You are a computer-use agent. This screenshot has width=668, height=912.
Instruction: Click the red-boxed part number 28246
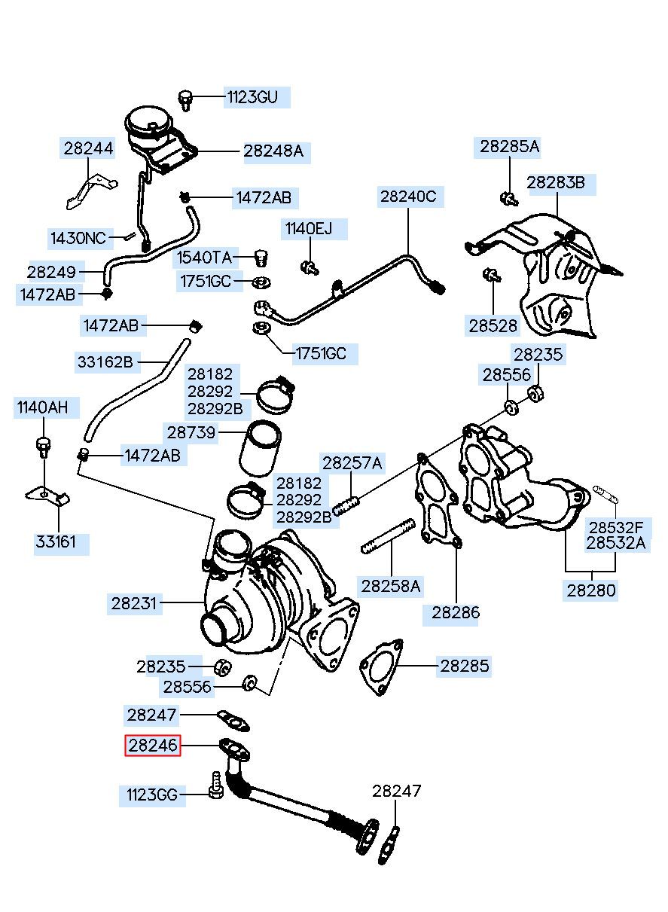tap(153, 745)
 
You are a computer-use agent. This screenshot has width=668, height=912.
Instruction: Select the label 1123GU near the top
tap(252, 97)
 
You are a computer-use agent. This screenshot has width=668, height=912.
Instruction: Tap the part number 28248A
tap(273, 151)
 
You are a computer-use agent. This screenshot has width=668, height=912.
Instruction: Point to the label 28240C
tap(407, 197)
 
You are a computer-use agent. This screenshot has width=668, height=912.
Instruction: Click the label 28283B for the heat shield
tap(556, 181)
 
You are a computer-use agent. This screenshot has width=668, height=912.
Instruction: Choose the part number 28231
tap(133, 602)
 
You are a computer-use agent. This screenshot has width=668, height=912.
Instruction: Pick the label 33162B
tap(105, 362)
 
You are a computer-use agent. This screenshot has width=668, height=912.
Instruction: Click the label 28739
tap(191, 432)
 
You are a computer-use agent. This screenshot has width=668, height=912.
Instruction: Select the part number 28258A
tap(391, 585)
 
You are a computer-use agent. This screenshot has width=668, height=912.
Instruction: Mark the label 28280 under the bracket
tap(591, 590)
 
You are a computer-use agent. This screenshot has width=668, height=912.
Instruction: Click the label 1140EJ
tap(308, 227)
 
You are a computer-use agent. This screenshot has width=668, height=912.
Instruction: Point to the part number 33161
tap(56, 541)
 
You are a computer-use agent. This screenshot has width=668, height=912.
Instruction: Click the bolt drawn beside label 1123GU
tap(185, 98)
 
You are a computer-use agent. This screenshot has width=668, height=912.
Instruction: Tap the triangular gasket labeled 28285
tap(380, 663)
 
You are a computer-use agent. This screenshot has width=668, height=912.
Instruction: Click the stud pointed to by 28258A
tap(388, 535)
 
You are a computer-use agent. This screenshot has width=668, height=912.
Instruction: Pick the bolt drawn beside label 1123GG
tap(215, 785)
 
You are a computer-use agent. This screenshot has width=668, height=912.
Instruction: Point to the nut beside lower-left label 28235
tap(222, 666)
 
